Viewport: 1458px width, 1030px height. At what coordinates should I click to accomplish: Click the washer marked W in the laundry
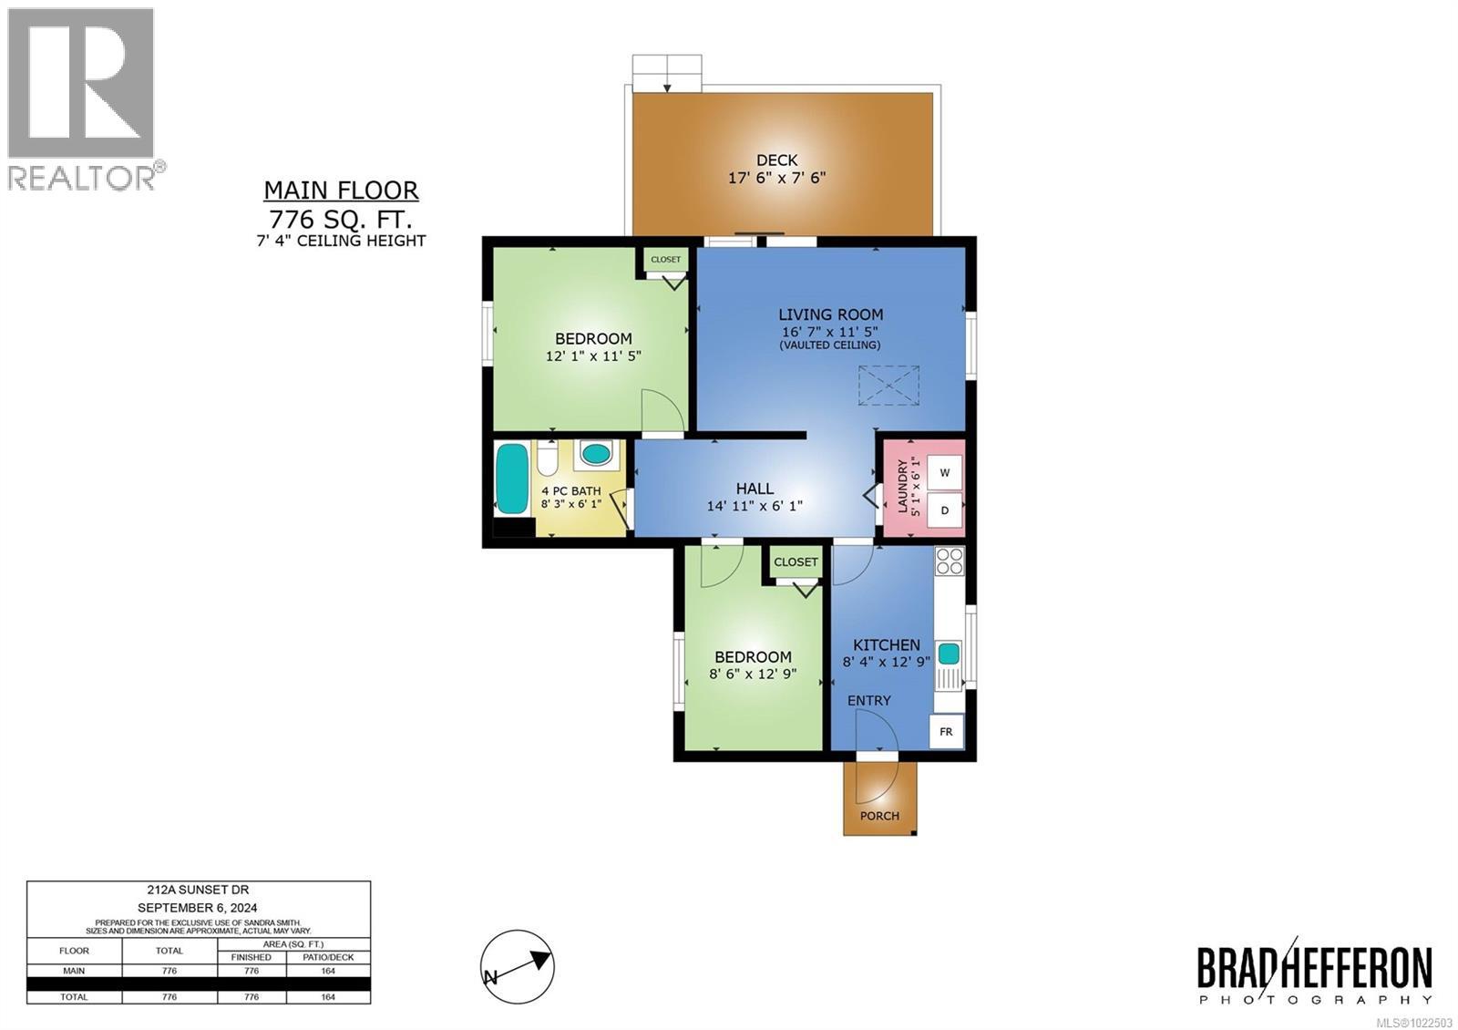pos(945,472)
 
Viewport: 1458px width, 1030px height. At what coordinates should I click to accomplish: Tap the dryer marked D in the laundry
pos(945,510)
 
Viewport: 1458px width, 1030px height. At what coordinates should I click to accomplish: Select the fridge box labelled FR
pos(947,732)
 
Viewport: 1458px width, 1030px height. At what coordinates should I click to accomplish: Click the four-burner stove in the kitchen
pos(949,561)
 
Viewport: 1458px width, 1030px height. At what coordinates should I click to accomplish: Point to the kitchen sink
pos(949,654)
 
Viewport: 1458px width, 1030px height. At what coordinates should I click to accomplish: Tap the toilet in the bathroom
pos(548,459)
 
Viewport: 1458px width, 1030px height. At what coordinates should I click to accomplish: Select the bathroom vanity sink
pos(597,454)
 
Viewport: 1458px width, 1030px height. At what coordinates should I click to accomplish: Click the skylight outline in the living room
pos(888,385)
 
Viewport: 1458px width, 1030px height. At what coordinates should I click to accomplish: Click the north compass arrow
pos(518,967)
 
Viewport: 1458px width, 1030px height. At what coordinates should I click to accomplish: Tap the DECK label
pos(776,160)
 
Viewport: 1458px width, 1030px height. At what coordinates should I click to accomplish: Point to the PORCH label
pos(879,816)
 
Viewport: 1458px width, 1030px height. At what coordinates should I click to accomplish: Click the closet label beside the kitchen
pos(796,562)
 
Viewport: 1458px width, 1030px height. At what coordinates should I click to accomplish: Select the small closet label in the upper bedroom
pos(666,260)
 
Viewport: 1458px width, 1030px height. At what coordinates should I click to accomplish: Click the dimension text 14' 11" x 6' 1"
pos(755,507)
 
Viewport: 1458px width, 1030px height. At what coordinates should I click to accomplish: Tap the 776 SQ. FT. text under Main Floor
pos(340,220)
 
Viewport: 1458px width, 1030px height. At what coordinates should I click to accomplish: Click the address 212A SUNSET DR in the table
pos(198,890)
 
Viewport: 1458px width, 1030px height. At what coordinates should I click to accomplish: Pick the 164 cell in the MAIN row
pos(328,971)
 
